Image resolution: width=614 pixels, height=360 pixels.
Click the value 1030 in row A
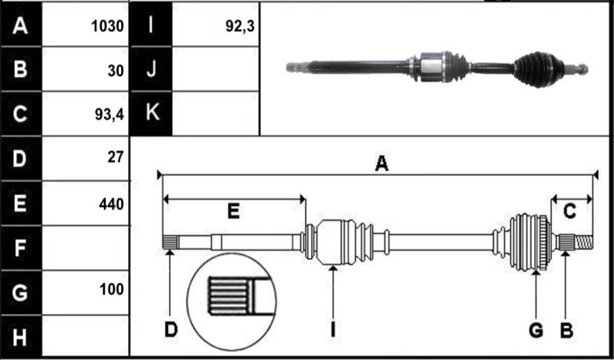click(x=107, y=26)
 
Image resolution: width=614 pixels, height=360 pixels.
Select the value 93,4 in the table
click(x=109, y=114)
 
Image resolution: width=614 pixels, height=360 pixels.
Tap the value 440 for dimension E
click(x=112, y=204)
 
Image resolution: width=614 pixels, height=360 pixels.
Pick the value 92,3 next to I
click(x=240, y=26)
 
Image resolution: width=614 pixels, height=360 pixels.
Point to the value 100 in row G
click(x=112, y=290)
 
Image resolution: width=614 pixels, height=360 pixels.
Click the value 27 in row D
click(x=115, y=157)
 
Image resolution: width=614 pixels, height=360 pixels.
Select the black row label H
click(x=21, y=337)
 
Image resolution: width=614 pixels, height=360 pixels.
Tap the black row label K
click(x=151, y=113)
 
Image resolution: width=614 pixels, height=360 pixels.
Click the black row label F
click(x=21, y=248)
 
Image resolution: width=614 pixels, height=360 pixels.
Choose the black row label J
click(x=151, y=69)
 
